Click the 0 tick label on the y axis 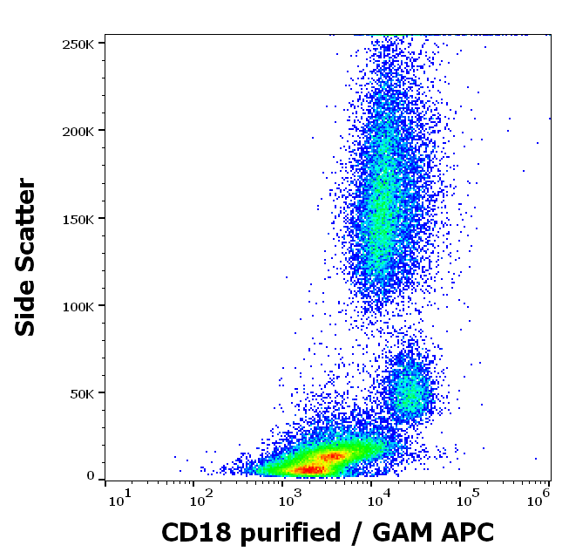pos(91,476)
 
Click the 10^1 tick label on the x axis pos(120,498)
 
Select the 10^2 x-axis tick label pos(202,498)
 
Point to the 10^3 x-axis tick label pos(290,498)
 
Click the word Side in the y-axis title pos(27,310)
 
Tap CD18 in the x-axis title pos(191,533)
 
